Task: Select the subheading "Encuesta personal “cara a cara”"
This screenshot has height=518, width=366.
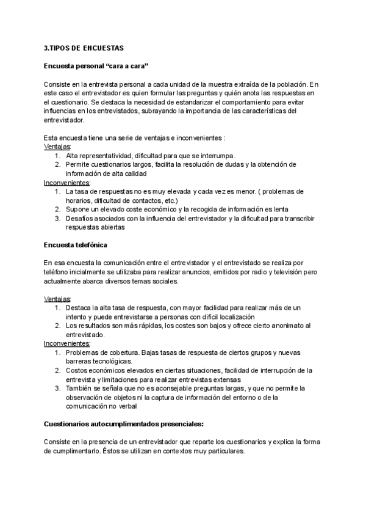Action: click(x=97, y=65)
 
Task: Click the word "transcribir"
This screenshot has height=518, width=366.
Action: click(x=292, y=218)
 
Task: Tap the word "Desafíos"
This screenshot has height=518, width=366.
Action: click(x=80, y=218)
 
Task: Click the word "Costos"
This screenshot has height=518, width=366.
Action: click(x=77, y=370)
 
